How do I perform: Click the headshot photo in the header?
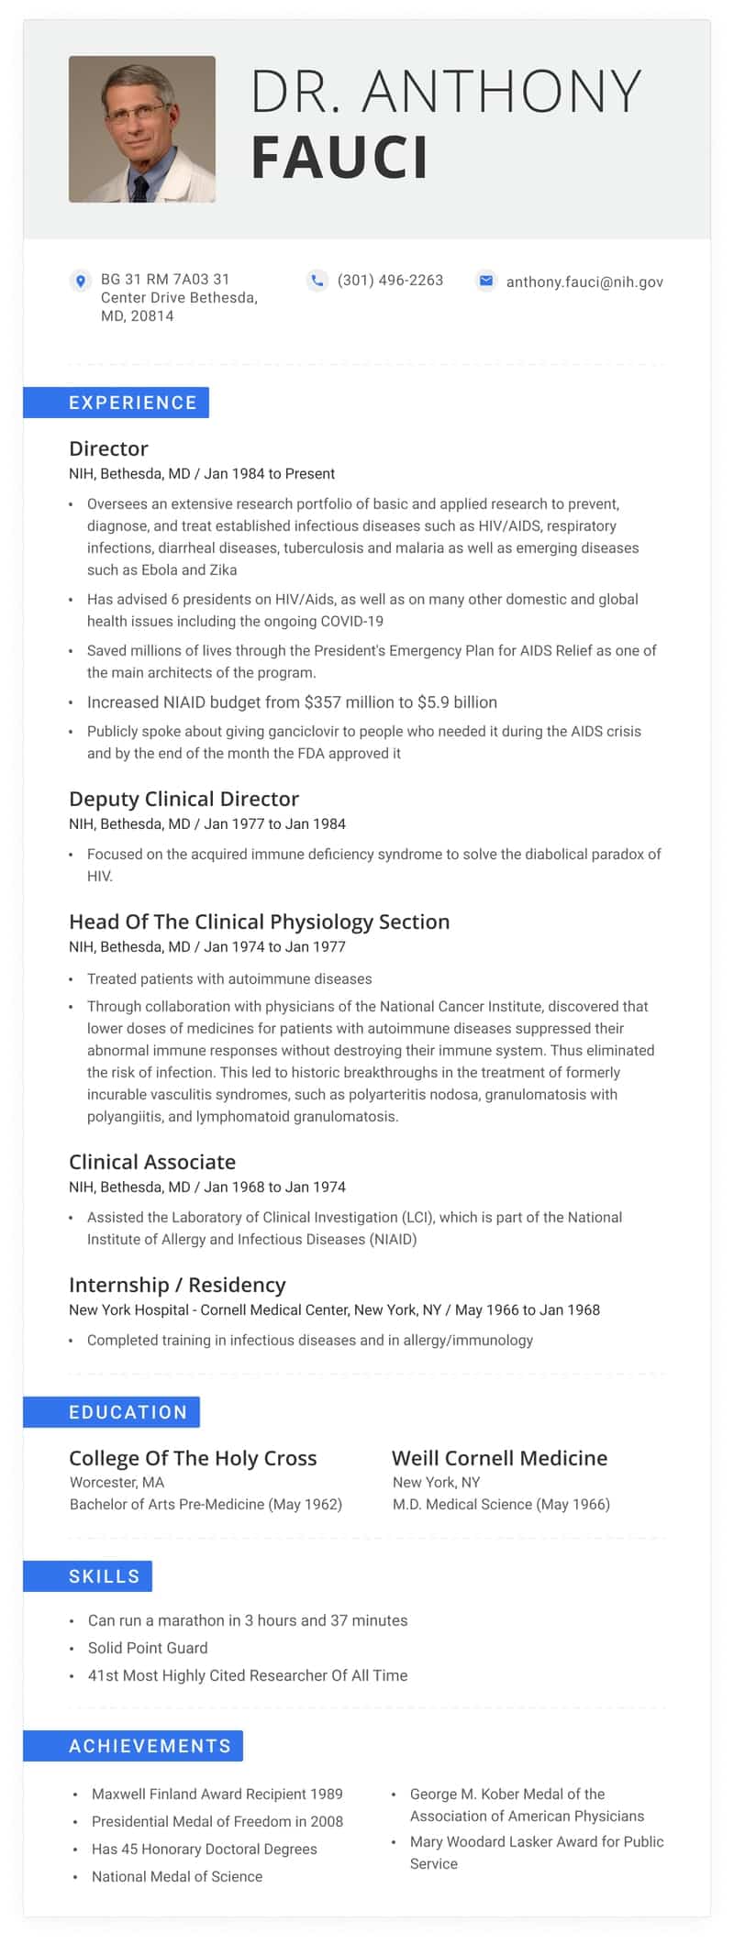tap(142, 129)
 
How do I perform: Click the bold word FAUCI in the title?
tap(339, 158)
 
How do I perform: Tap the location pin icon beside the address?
tap(81, 281)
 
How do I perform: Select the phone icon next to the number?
tap(317, 281)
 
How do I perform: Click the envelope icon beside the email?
tap(486, 281)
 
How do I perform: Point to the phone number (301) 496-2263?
tap(390, 281)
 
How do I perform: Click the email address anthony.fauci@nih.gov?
tap(584, 282)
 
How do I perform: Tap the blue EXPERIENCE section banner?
tap(117, 403)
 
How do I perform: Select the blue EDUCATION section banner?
tap(112, 1412)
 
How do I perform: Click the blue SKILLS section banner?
tap(88, 1576)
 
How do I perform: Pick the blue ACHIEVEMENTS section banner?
tap(134, 1746)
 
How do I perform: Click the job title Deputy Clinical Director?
tap(183, 799)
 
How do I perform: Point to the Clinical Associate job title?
tap(152, 1162)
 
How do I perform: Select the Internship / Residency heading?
tap(177, 1285)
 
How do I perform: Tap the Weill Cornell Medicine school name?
tap(499, 1458)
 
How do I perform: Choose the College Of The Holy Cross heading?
tap(193, 1458)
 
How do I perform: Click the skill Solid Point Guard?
tap(148, 1648)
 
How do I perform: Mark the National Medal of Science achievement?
tap(177, 1876)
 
